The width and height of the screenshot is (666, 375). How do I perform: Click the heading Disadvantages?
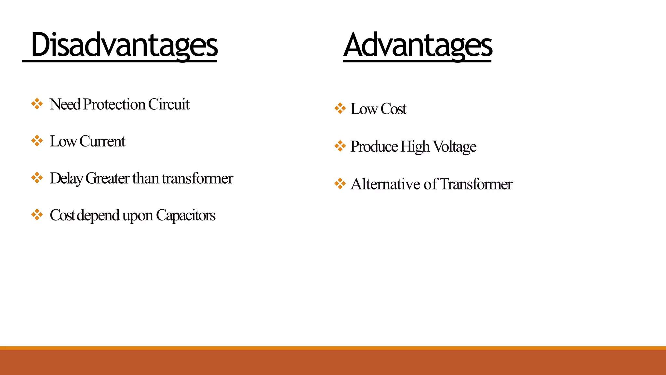124,45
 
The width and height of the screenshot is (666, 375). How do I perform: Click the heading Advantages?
418,45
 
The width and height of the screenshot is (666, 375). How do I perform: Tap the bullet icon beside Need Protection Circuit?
37,104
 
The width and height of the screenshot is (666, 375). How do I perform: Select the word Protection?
114,104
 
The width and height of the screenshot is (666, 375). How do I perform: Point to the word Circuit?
169,104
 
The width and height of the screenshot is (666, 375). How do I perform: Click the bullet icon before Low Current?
37,141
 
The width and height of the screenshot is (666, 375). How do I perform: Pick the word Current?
102,141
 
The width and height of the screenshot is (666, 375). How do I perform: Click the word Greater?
107,178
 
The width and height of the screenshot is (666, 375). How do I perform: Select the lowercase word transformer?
197,178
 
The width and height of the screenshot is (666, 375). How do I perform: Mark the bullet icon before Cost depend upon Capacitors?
37,215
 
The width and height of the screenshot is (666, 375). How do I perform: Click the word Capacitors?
185,215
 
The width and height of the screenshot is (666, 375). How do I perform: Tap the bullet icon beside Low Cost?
340,108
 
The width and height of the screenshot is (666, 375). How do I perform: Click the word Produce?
374,146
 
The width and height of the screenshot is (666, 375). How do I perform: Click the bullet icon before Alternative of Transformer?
340,184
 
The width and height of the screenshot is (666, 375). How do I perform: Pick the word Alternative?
385,184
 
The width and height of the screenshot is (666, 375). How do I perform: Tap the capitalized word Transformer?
476,184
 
